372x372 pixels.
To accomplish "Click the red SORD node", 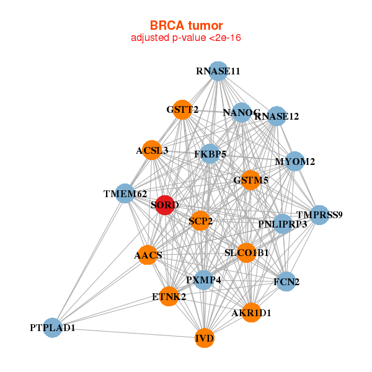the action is pyautogui.click(x=165, y=205).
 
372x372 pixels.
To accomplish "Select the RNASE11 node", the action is pyautogui.click(x=218, y=71).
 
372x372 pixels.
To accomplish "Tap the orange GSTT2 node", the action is pyautogui.click(x=182, y=110).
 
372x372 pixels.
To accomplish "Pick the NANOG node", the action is pyautogui.click(x=242, y=112).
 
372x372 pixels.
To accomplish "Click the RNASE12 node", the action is pyautogui.click(x=277, y=117).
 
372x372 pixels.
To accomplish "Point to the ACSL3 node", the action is pyautogui.click(x=152, y=150).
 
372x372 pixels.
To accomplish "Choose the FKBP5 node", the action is pyautogui.click(x=210, y=154).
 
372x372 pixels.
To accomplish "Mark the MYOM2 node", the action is pyautogui.click(x=294, y=161).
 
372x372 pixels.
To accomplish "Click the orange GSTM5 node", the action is pyautogui.click(x=250, y=180).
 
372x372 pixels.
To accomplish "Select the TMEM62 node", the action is pyautogui.click(x=125, y=193).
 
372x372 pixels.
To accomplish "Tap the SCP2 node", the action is pyautogui.click(x=200, y=221).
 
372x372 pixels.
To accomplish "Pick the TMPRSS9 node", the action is pyautogui.click(x=319, y=215).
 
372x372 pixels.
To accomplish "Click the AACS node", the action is pyautogui.click(x=148, y=255).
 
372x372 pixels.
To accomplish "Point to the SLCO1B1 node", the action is pyautogui.click(x=247, y=253).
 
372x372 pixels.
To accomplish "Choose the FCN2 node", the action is pyautogui.click(x=286, y=281).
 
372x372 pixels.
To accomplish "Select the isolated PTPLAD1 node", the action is pyautogui.click(x=53, y=327).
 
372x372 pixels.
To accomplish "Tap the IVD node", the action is pyautogui.click(x=205, y=338).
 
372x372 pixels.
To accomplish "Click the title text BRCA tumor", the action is pyautogui.click(x=186, y=25).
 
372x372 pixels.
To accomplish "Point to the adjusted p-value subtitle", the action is pyautogui.click(x=186, y=38).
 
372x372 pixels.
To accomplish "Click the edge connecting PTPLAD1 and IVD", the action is pyautogui.click(x=128, y=333).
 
